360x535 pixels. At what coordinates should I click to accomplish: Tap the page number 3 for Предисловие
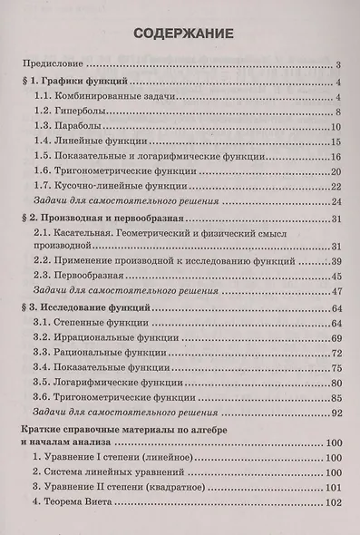point(336,64)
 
